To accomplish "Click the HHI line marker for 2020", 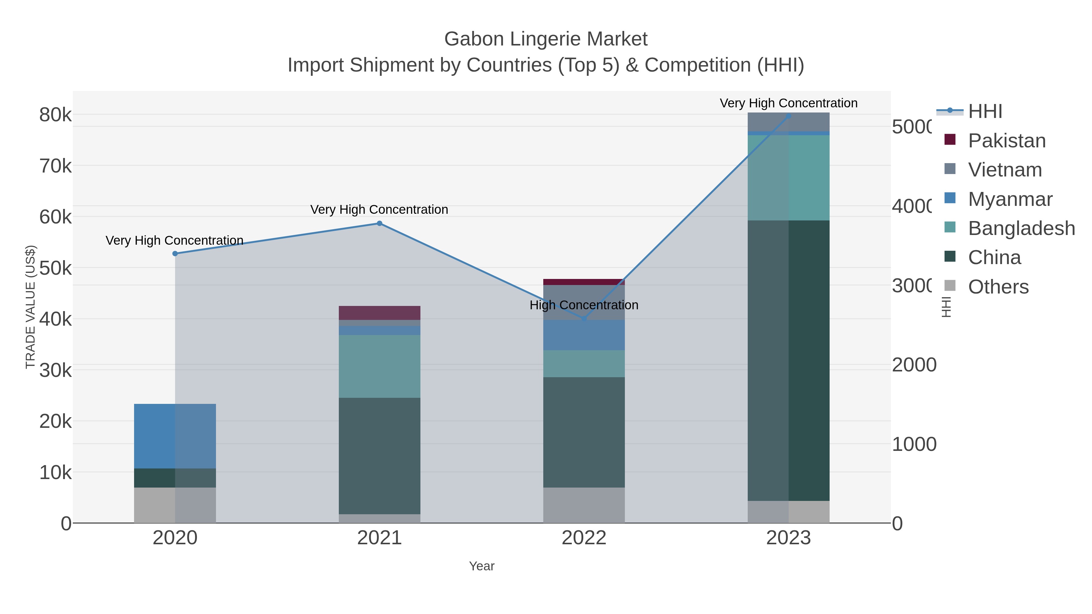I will tap(175, 253).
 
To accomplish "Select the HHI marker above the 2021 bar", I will tap(379, 223).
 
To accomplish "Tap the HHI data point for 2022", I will tap(584, 319).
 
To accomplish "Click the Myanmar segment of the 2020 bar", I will tap(175, 436).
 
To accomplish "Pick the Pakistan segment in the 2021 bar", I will tap(379, 313).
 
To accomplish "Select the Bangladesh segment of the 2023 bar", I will tap(788, 178).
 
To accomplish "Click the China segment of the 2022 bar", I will tap(584, 432).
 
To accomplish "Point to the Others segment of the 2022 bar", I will tap(584, 505).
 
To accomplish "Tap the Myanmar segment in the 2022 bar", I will tap(584, 335).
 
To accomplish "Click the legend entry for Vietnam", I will tap(1005, 170).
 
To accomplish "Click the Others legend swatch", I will tap(950, 286).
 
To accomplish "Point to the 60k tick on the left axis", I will tap(56, 217).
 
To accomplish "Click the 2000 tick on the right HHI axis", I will tap(914, 365).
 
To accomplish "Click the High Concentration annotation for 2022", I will tap(584, 305).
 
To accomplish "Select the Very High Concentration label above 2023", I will tap(788, 103).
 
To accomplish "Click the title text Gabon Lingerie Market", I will tap(546, 39).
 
